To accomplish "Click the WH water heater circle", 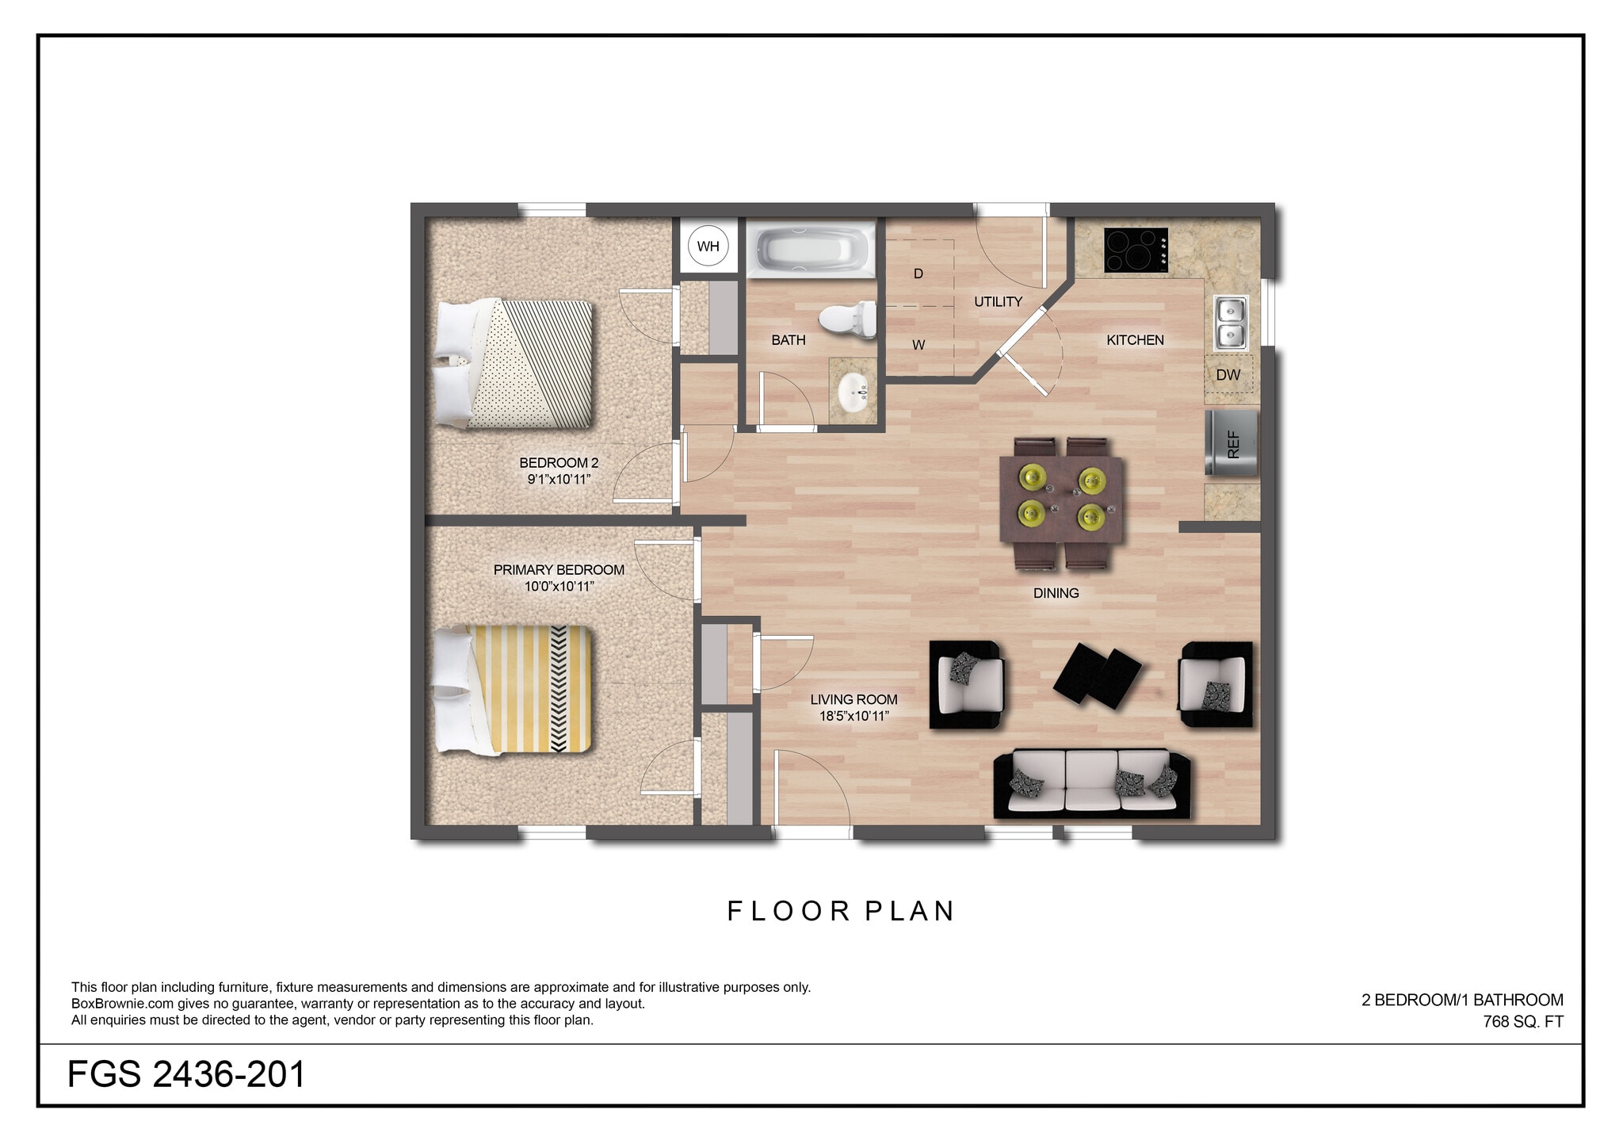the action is pos(708,246).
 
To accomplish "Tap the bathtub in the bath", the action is pos(811,249).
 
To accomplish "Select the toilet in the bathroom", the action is pos(847,320).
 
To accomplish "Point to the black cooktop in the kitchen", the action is pos(1136,251).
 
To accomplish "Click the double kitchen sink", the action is pos(1231,323).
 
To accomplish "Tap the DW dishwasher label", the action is pos(1228,375).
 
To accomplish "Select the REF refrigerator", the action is pos(1232,443).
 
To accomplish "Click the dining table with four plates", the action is pos(1062,500).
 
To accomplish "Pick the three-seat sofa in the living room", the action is pos(1092,784).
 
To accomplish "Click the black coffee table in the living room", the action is pos(1097,675).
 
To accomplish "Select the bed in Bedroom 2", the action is pos(514,364).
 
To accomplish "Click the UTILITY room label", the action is pos(998,302).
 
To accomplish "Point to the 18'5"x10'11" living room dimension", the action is pos(854,717).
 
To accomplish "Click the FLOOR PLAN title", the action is pos(841,911).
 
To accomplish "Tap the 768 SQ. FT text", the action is pos(1523,1022).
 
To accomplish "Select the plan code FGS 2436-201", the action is pos(186,1075).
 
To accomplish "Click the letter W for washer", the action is pos(918,345).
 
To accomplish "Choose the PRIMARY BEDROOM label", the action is pos(559,570).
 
